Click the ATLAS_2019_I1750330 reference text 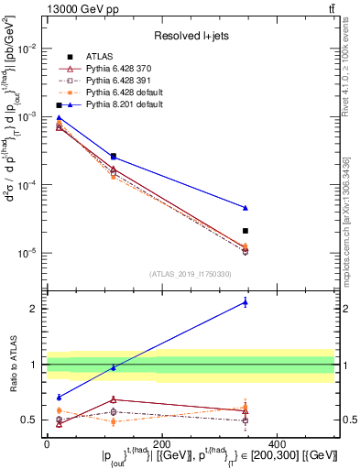191,273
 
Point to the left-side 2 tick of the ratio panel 34,309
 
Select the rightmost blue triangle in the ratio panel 245,301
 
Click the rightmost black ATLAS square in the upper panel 245,231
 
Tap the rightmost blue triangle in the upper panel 245,208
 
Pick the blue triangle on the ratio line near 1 113,367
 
